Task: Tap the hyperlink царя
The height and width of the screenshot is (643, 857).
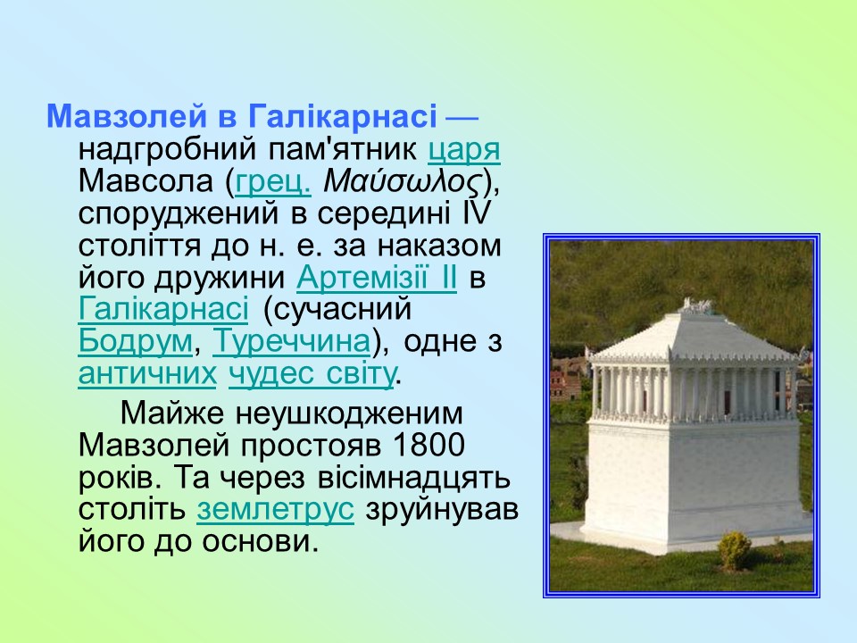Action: tap(463, 149)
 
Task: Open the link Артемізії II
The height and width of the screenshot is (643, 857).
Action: tap(376, 278)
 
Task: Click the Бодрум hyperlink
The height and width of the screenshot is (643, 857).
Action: tap(135, 341)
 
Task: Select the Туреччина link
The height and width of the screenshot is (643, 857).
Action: tap(291, 341)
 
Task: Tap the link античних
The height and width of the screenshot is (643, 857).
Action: tap(147, 373)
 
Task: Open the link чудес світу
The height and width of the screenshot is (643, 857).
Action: tap(311, 373)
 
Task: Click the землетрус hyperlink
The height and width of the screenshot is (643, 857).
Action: tap(276, 509)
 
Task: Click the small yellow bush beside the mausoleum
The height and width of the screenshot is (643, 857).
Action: tap(734, 550)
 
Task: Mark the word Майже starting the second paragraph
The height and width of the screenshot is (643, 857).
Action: tap(173, 413)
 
